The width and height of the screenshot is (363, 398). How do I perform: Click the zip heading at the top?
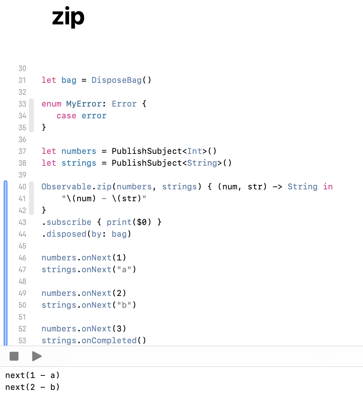coord(68,17)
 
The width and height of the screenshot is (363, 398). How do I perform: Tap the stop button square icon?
coord(14,356)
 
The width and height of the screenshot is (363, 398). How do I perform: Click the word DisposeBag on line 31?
coord(116,80)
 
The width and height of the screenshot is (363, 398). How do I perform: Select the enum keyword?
coord(51,104)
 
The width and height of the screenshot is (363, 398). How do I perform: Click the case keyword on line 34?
coord(67,116)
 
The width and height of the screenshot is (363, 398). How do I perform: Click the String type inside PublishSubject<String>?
coord(202,163)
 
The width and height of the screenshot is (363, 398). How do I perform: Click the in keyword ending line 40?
coord(328,187)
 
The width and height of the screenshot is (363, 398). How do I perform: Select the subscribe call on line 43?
coord(69,222)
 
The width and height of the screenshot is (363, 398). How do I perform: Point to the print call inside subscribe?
coord(116,222)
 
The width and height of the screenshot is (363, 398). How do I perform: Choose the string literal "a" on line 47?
coord(124,270)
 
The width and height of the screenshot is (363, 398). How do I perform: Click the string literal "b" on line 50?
coord(124,305)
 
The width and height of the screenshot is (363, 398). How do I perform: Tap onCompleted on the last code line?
coord(109,341)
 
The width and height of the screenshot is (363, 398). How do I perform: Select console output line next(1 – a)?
coord(33,375)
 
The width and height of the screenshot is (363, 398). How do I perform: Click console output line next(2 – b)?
coord(33,387)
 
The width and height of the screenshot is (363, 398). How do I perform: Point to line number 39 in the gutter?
coord(22,175)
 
